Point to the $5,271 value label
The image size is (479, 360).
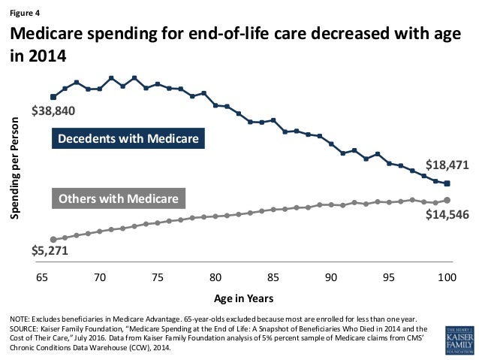(x=50, y=252)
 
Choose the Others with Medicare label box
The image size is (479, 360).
(x=119, y=199)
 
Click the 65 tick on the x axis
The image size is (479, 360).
(x=42, y=277)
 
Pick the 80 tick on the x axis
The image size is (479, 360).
(x=215, y=277)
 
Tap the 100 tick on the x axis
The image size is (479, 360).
(x=447, y=277)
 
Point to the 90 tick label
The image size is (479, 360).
(x=331, y=277)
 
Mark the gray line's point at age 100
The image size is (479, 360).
(x=447, y=200)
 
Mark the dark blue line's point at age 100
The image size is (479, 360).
(x=447, y=183)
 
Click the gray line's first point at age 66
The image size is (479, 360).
(x=53, y=239)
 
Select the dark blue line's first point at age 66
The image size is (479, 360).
(x=53, y=96)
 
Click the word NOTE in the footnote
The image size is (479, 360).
(x=20, y=319)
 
